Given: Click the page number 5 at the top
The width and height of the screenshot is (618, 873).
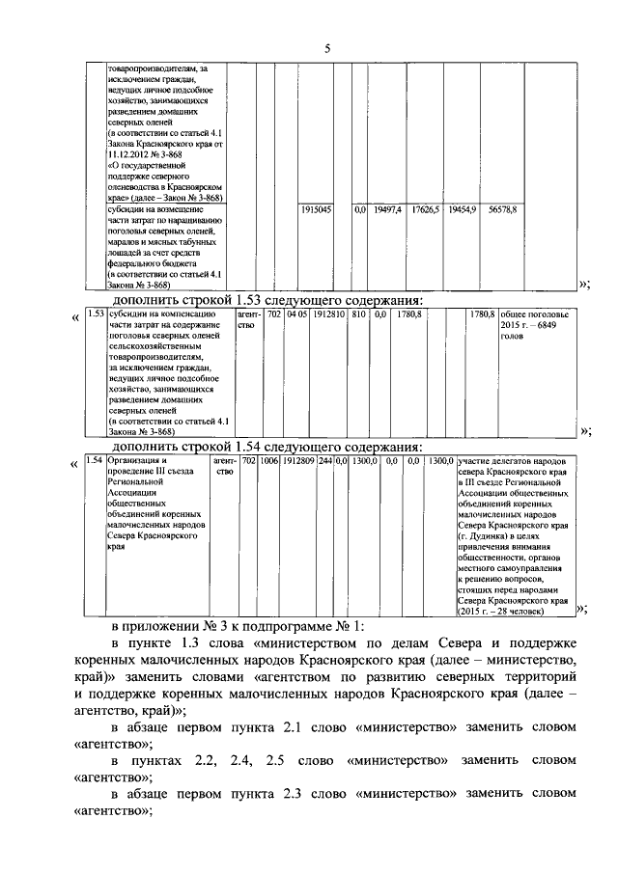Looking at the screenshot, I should tap(327, 48).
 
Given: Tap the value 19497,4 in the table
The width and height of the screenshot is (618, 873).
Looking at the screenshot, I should tap(386, 208).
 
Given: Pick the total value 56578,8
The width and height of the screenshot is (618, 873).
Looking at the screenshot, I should tap(502, 208).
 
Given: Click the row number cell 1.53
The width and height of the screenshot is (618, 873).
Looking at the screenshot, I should tap(96, 314).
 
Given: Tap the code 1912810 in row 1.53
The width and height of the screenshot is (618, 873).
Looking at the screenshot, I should tap(328, 314).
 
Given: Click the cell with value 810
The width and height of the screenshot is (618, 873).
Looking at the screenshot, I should tap(358, 314).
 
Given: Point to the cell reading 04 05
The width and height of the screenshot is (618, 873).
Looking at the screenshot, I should tap(297, 314).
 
